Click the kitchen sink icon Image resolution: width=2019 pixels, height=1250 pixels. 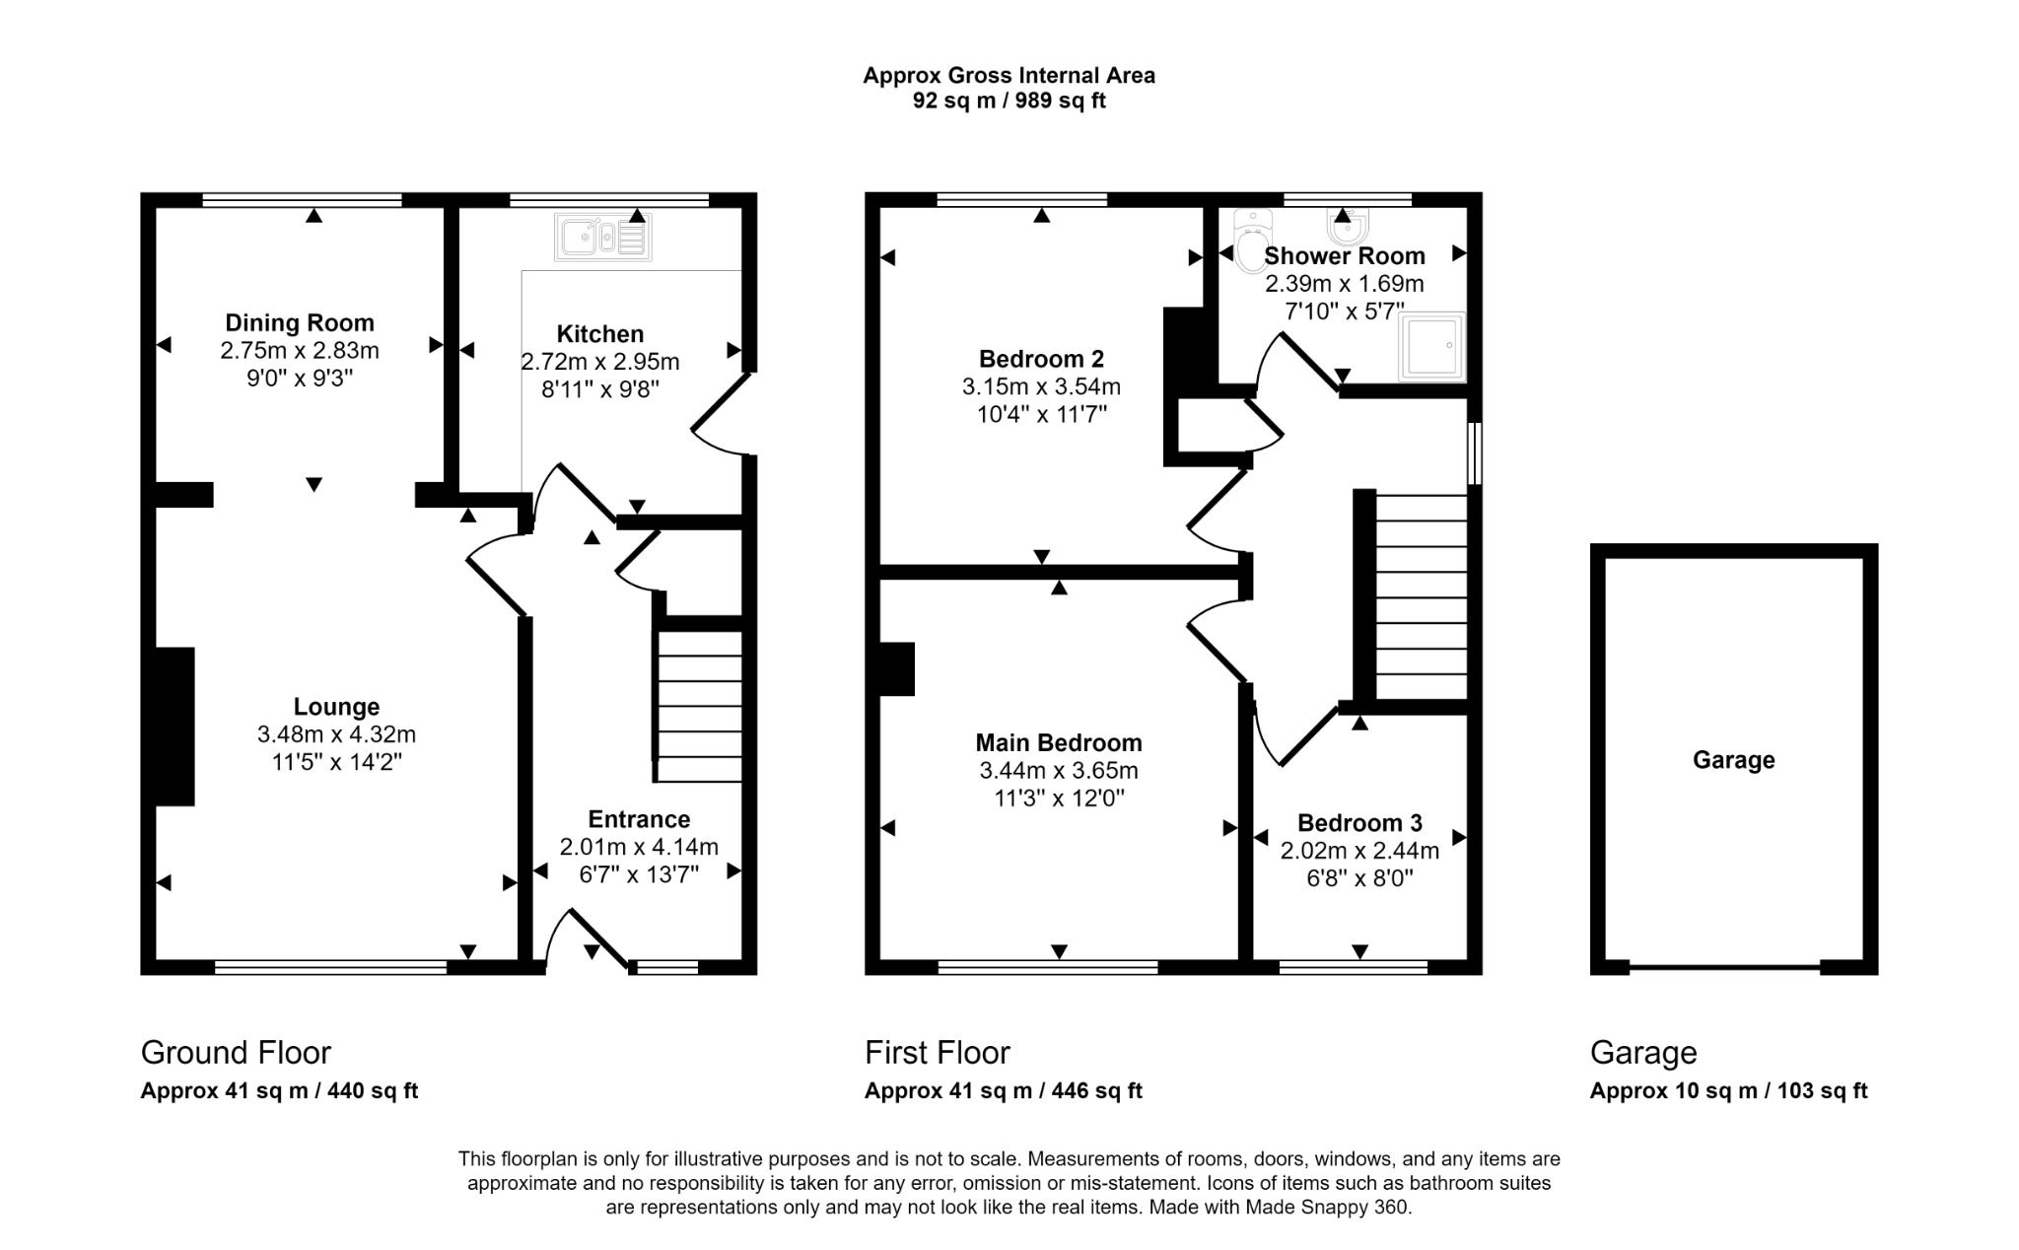pos(602,238)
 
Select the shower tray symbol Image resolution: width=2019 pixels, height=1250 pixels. pos(1432,347)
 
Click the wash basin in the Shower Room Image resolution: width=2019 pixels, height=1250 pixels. pos(1346,228)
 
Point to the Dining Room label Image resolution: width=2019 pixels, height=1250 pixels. pos(300,322)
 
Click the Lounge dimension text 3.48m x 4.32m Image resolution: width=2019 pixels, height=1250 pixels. pos(336,734)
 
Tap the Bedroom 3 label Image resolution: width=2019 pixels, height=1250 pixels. pos(1359,823)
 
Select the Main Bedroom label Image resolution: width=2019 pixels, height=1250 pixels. pos(1059,742)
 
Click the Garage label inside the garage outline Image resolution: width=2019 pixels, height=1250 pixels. pos(1733,760)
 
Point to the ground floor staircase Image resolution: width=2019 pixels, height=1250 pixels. pos(699,706)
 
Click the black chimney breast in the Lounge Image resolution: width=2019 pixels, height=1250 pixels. pos(175,727)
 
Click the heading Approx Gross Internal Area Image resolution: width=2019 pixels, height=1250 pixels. pos(1009,75)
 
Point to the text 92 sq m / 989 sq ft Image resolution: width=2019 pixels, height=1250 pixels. pos(1009,101)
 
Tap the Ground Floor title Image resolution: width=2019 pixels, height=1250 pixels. pos(236,1053)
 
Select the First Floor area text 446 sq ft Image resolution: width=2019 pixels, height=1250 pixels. pos(1096,1091)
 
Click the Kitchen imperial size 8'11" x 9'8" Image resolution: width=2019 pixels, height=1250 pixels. pos(599,389)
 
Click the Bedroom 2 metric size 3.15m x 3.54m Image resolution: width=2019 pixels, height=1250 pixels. pos(1041,386)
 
